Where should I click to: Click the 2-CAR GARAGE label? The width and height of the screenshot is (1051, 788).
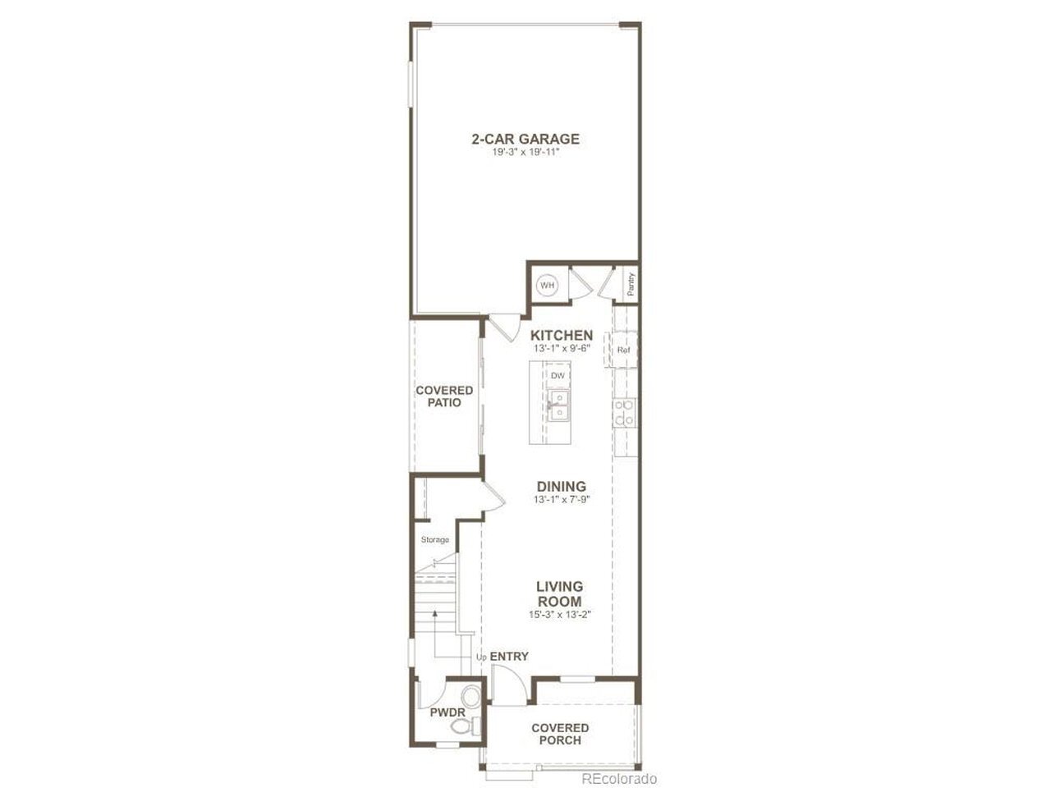tap(525, 140)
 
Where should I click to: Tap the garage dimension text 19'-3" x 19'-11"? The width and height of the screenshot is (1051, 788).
tap(525, 153)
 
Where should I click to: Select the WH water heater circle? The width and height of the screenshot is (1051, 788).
tap(547, 286)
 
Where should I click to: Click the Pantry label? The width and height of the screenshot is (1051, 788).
tap(631, 284)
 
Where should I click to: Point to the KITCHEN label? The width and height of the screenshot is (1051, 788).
tap(561, 336)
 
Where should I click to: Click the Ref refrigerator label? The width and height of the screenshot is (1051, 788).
tap(623, 350)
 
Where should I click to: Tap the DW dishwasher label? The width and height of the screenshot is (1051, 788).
tap(558, 376)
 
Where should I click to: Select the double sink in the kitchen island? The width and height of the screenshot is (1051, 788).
tap(558, 405)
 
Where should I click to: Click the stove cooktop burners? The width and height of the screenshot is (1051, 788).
tap(624, 413)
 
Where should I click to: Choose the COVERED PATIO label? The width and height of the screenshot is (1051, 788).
tap(444, 396)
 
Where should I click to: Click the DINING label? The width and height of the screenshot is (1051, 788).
tap(561, 487)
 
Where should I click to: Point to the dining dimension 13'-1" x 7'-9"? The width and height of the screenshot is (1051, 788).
tap(562, 500)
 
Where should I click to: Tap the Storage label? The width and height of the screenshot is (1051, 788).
tap(434, 539)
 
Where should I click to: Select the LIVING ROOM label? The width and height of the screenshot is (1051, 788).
tap(560, 593)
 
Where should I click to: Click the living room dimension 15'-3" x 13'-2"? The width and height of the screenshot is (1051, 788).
tap(560, 615)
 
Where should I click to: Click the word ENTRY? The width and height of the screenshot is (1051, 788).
tap(509, 657)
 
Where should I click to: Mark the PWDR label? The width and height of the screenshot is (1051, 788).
tap(447, 712)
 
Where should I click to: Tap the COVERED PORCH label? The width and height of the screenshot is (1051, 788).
tap(560, 734)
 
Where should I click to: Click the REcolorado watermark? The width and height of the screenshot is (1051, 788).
tap(619, 778)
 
